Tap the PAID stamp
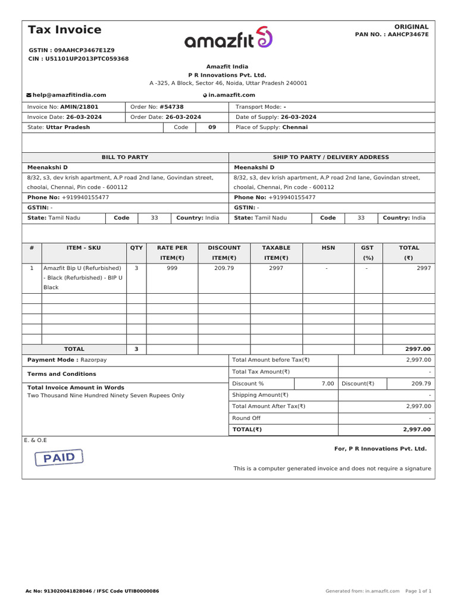click(x=59, y=457)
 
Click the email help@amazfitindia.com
click(x=69, y=95)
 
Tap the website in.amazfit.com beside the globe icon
click(x=231, y=95)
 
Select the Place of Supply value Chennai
click(x=295, y=127)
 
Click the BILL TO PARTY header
click(x=125, y=157)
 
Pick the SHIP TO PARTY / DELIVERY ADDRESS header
click(x=331, y=157)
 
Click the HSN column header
click(x=328, y=247)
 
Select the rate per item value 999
click(x=172, y=268)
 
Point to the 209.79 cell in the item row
click(x=224, y=268)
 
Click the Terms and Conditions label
click(x=62, y=374)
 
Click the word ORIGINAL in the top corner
click(x=411, y=27)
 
